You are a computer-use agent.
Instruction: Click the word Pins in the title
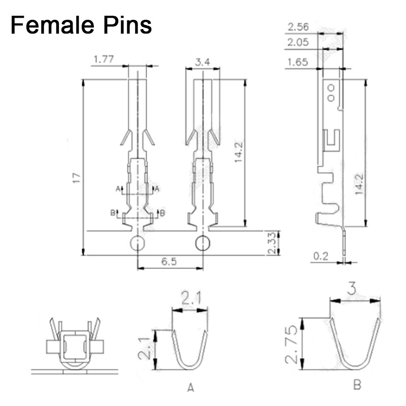click(129, 24)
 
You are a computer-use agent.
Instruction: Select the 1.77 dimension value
click(103, 60)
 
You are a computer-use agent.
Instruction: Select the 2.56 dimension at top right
click(298, 27)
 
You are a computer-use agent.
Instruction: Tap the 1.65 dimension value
click(298, 62)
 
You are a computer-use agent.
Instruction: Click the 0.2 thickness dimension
click(321, 257)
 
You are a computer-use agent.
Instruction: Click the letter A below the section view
click(190, 388)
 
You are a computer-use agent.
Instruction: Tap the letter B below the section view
click(357, 386)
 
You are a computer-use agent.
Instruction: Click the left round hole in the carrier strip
click(138, 244)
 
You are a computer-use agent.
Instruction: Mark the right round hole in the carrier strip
click(202, 244)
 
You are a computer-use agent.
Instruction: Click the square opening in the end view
click(74, 346)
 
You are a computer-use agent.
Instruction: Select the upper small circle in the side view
click(331, 87)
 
